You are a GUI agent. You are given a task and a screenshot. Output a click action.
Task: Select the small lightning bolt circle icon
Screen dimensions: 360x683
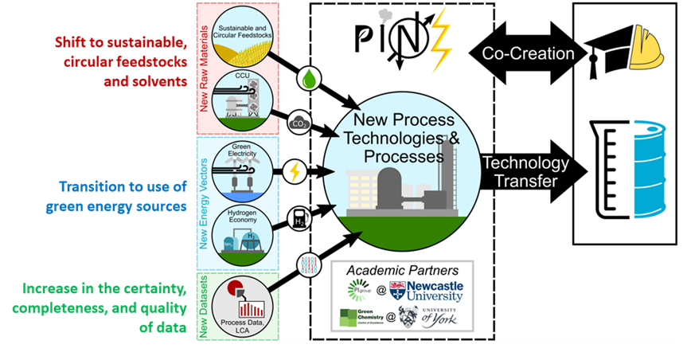tap(294, 170)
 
